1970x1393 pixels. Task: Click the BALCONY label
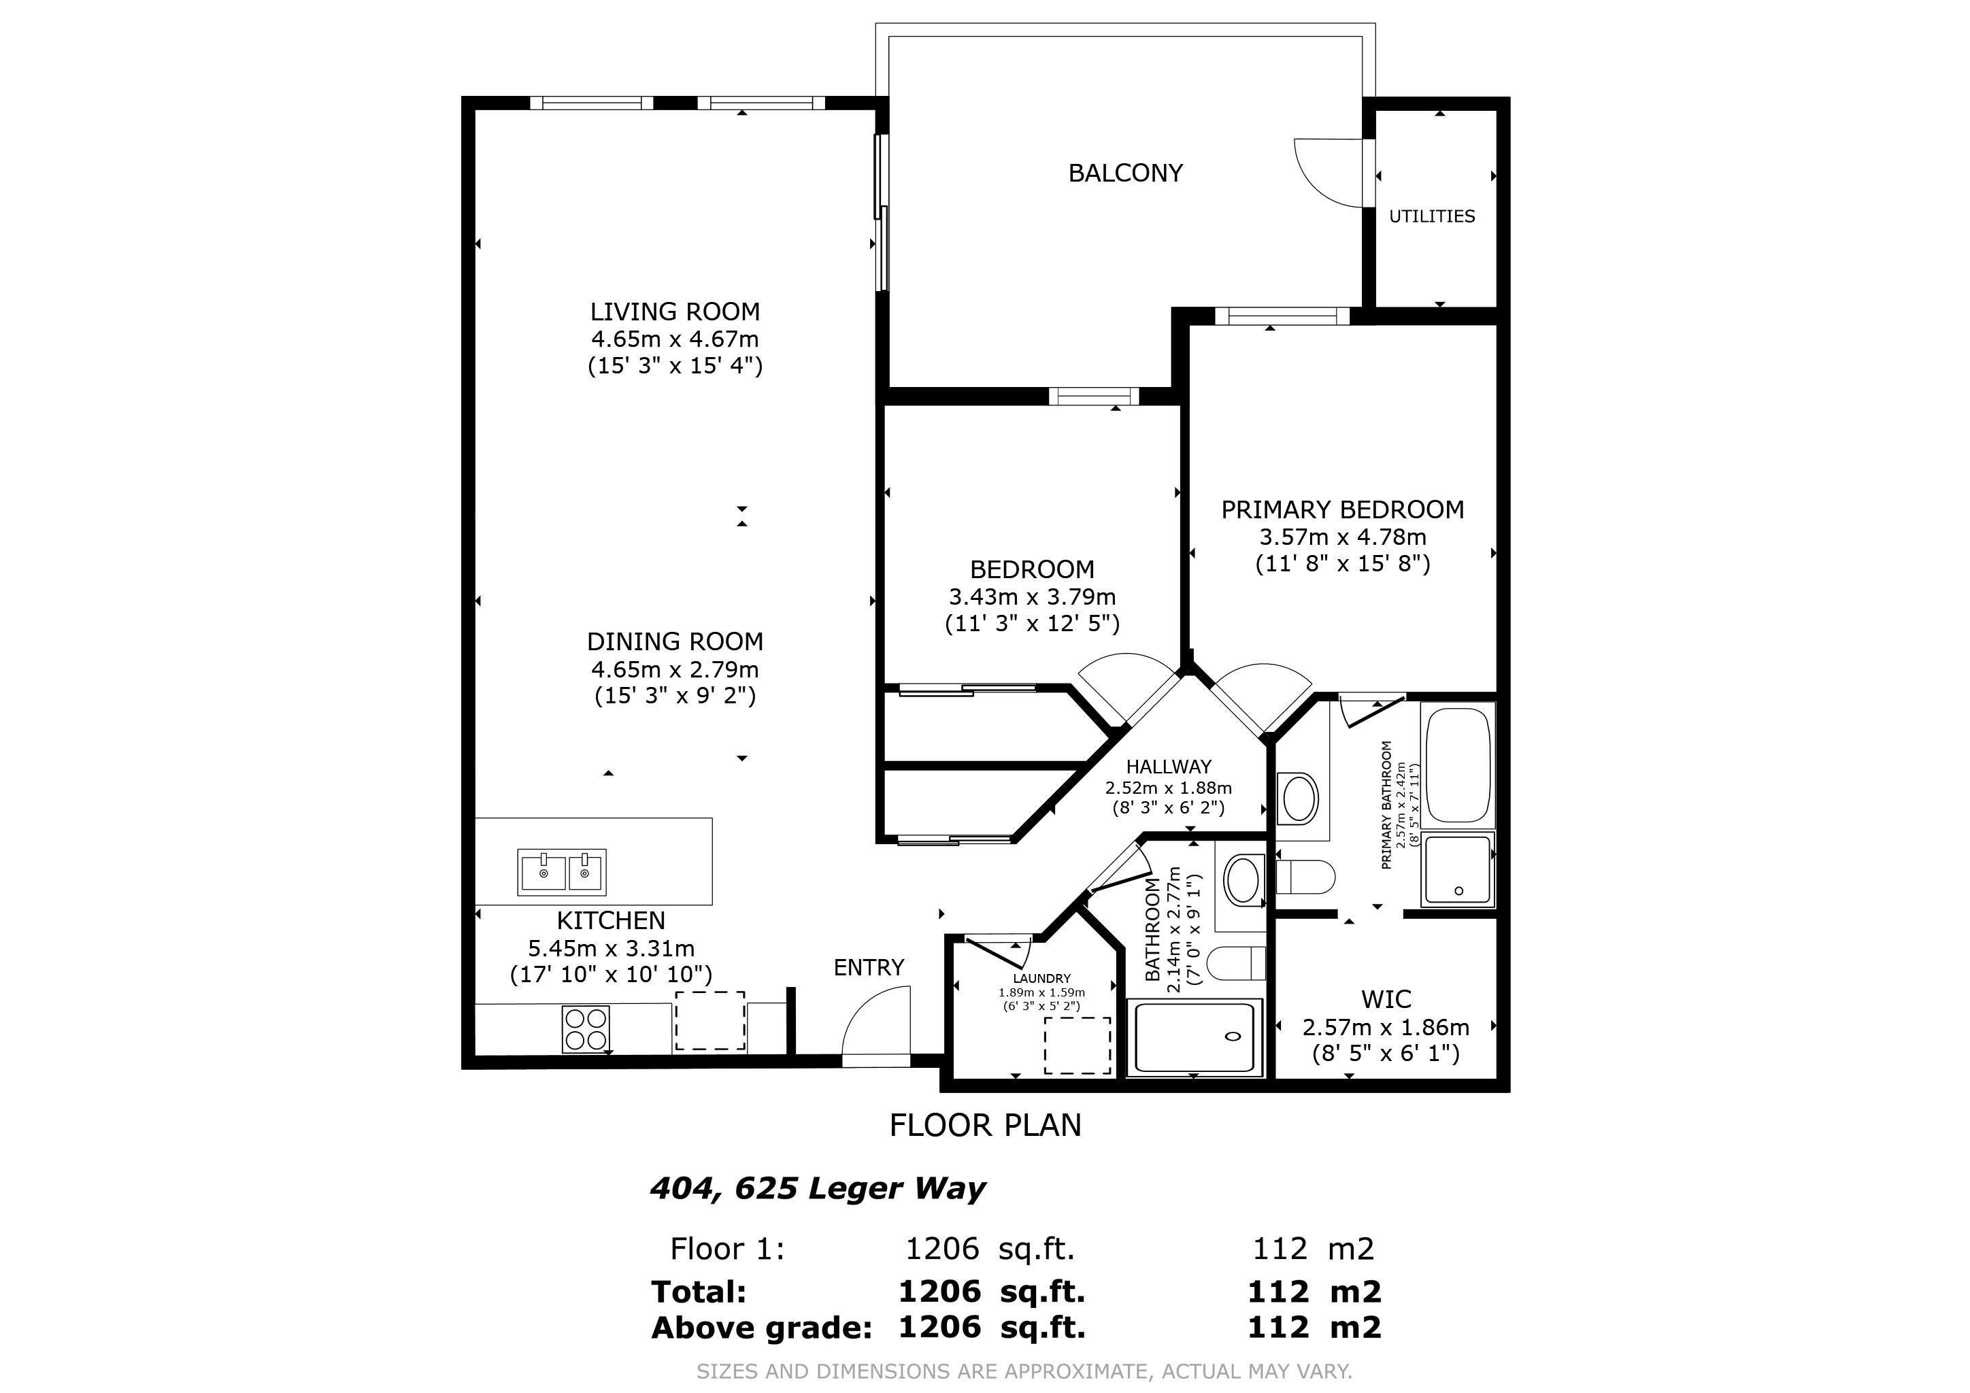point(1125,173)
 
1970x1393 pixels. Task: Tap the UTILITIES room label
point(1431,216)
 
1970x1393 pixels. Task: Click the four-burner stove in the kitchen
point(586,1029)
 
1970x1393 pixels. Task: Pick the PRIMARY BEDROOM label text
point(1342,509)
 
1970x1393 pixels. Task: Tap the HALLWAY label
point(1168,767)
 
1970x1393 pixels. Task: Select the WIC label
point(1386,999)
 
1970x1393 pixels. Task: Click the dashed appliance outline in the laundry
point(1077,1045)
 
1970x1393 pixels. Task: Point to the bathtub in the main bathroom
point(1194,1039)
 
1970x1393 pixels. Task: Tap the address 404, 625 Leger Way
point(817,1189)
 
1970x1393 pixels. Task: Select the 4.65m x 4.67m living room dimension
point(674,339)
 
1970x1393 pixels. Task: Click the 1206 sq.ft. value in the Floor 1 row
point(989,1249)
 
